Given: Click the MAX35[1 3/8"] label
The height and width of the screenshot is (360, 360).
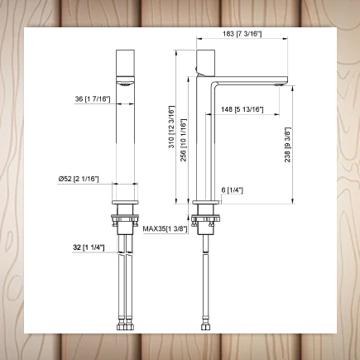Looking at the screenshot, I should pos(165,228).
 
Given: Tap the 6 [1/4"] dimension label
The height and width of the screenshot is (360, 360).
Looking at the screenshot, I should pos(232,190).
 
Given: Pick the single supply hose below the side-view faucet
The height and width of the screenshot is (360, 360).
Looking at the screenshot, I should pos(204,273).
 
